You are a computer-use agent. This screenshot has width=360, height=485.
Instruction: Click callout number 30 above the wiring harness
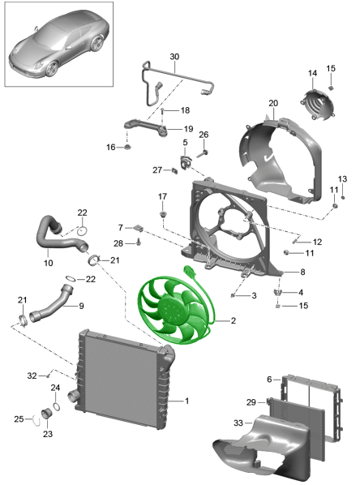[x=174, y=57]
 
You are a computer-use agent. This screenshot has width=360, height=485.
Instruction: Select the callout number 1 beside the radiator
[x=186, y=401]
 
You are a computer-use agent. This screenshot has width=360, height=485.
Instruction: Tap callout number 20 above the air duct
[x=273, y=103]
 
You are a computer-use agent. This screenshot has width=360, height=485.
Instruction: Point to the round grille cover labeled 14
[x=318, y=104]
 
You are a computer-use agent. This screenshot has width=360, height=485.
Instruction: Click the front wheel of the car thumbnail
[x=52, y=69]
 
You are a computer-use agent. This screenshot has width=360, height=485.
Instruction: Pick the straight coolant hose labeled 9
[x=51, y=305]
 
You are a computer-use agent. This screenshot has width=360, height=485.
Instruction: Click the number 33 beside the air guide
[x=238, y=423]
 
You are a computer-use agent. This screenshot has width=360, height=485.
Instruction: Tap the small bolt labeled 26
[x=202, y=152]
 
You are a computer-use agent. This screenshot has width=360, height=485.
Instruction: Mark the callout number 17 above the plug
[x=162, y=196]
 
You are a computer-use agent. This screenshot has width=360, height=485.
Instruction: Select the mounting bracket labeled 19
[x=146, y=127]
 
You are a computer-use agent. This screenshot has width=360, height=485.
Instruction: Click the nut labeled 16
[x=127, y=147]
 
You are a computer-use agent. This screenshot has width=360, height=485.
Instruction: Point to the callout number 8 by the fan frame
[x=302, y=272]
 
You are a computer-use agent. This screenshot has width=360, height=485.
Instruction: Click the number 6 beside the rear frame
[x=269, y=380]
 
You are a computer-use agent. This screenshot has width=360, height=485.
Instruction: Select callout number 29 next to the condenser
[x=251, y=402]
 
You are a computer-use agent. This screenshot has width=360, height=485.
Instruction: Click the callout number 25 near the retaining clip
[x=19, y=418]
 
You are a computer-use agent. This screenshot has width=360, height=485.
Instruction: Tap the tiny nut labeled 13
[x=343, y=197]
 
